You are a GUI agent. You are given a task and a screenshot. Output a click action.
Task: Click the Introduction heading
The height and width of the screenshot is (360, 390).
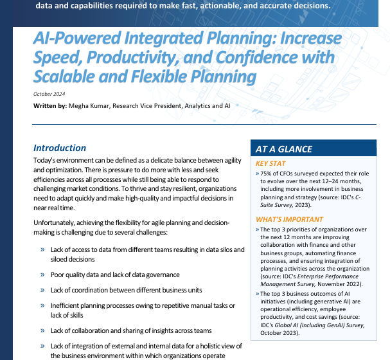60,148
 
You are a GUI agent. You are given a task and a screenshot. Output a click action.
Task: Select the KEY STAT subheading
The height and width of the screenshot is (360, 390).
270,164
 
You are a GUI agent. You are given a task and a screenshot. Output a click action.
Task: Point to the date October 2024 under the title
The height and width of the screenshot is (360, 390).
50,94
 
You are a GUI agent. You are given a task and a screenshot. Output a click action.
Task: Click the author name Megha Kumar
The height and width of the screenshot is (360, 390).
87,105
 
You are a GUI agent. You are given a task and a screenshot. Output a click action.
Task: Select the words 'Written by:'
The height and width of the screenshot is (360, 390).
49,105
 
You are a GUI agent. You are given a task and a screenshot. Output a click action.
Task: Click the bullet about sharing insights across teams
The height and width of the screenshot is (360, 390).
131,330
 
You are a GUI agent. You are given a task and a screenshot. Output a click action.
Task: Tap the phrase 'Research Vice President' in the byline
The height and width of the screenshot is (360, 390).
149,105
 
